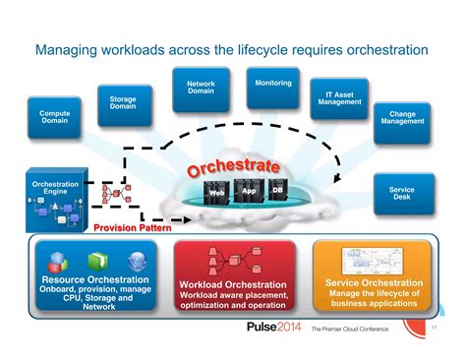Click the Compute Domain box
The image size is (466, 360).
pos(55,119)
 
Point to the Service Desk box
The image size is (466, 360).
pos(402,195)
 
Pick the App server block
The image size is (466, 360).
pos(250,191)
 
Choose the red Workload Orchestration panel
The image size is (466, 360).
pos(233,279)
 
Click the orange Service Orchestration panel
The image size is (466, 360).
pos(373,277)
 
